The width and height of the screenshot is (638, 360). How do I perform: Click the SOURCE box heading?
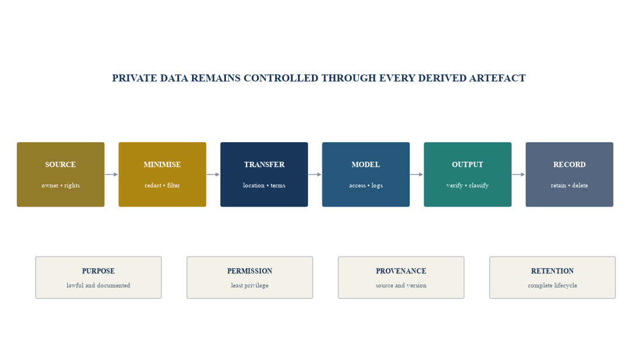[60, 164]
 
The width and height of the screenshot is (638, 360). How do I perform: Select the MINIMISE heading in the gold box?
[162, 164]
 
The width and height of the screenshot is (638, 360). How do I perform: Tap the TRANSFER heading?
[264, 164]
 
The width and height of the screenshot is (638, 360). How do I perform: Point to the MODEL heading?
[366, 164]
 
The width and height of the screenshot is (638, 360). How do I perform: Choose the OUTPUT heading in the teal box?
[468, 164]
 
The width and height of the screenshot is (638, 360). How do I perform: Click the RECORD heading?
[570, 164]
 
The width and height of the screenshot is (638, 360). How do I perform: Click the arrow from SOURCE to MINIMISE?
[111, 174]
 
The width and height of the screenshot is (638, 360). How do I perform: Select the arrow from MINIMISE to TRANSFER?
[213, 174]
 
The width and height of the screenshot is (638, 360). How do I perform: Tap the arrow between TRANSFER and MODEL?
[314, 174]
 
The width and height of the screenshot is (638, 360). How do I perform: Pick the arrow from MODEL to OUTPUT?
[416, 174]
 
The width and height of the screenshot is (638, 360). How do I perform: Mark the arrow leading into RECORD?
[518, 174]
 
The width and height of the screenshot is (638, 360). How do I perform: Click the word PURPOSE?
[98, 271]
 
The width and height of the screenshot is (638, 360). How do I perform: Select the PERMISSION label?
[250, 271]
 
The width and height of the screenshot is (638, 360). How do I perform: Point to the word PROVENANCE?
[401, 271]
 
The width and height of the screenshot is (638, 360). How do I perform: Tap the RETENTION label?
[553, 271]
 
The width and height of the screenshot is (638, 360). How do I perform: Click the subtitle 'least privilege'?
[250, 286]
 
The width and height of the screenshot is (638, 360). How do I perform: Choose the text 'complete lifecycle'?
[553, 286]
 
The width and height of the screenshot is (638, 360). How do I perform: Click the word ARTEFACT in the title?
[497, 78]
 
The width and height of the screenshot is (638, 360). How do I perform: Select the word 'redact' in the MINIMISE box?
[153, 186]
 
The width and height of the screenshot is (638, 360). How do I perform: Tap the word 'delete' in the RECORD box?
[580, 186]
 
